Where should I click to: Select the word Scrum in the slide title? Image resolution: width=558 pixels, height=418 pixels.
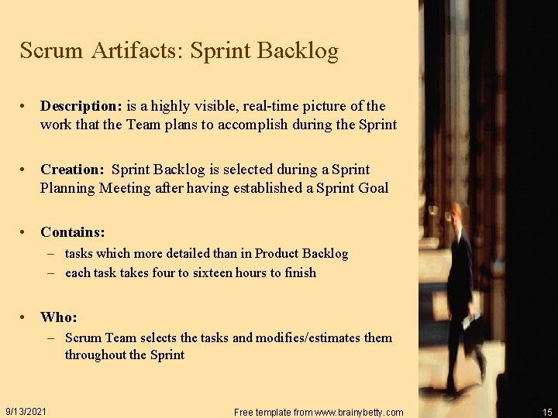[51, 51]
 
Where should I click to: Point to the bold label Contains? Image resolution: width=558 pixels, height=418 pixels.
[73, 232]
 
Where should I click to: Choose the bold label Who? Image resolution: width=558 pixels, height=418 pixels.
[59, 317]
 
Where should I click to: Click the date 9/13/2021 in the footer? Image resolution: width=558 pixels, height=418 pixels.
[26, 411]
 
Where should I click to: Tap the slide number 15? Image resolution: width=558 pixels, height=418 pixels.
[548, 412]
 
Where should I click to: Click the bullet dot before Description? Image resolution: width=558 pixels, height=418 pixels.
[26, 106]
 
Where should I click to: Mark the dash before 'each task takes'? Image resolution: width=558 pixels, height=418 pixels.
[50, 272]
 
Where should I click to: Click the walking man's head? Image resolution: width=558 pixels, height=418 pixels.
[458, 214]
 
